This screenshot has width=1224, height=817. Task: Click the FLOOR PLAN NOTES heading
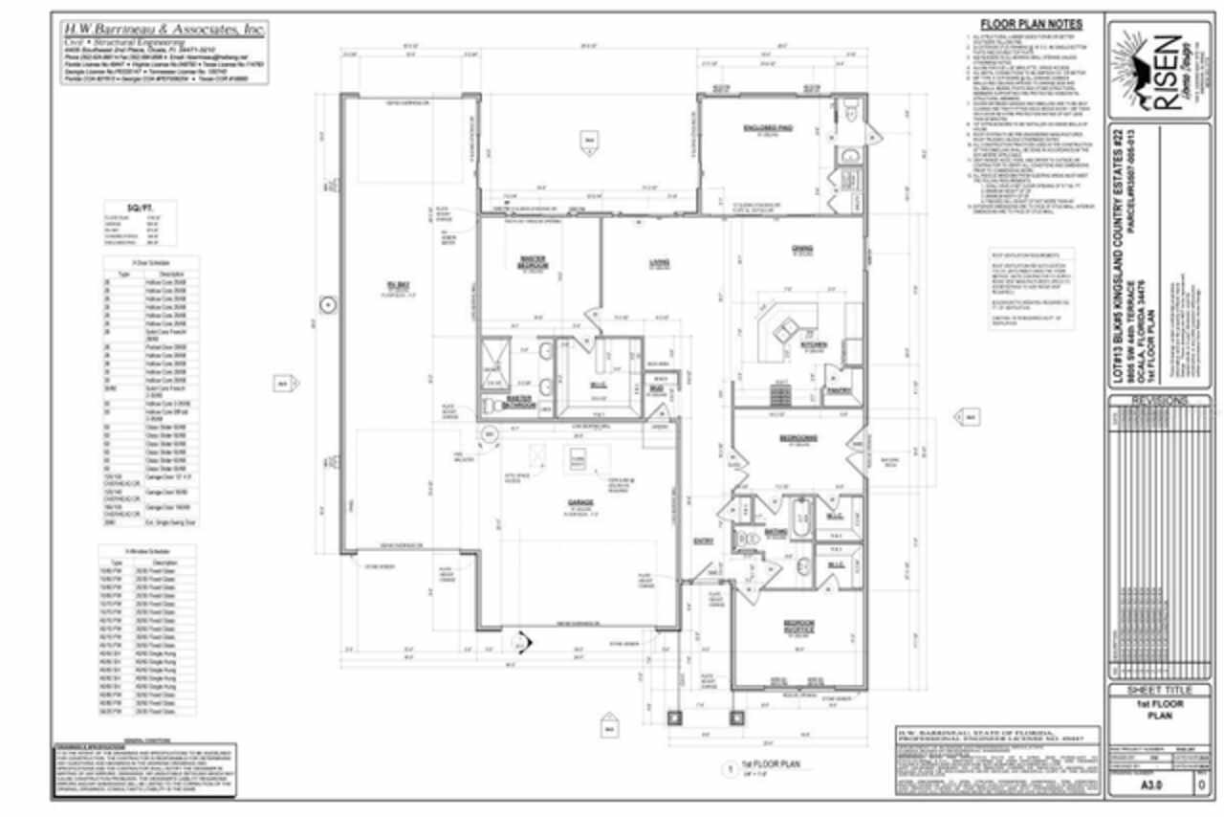[x=1031, y=25]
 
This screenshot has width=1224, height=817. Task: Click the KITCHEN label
[x=814, y=344]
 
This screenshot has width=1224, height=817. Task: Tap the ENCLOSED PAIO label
[x=764, y=127]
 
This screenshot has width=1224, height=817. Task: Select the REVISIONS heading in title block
[x=1158, y=401]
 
